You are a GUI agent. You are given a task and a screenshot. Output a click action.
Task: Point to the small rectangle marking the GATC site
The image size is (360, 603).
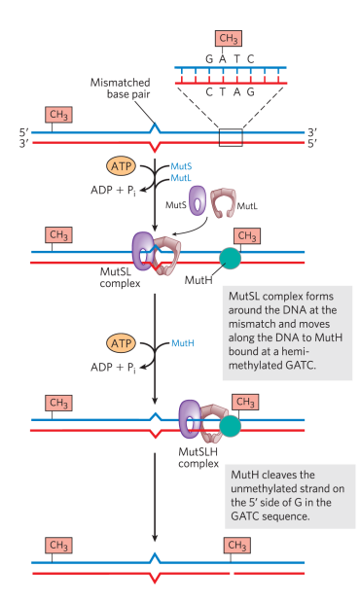pyautogui.click(x=230, y=136)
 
